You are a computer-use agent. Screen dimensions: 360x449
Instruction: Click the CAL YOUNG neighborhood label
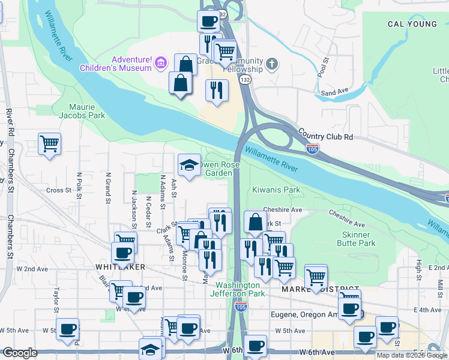[x=412, y=24]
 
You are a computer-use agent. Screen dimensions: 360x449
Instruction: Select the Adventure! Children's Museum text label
[x=116, y=64]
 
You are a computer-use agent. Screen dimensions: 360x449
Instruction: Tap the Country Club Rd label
[x=325, y=137]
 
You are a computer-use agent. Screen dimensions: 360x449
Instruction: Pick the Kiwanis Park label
[x=276, y=190]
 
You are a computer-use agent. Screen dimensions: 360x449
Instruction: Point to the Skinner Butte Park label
[x=358, y=239]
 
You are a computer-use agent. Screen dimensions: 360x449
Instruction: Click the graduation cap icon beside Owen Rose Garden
[x=189, y=164]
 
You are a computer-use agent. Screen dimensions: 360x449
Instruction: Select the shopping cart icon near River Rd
[x=49, y=144]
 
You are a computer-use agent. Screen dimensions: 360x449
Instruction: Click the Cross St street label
[x=59, y=190]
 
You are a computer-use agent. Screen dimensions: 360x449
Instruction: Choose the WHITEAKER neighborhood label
[x=120, y=266]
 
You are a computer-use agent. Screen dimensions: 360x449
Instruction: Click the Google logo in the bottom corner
[x=20, y=353]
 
